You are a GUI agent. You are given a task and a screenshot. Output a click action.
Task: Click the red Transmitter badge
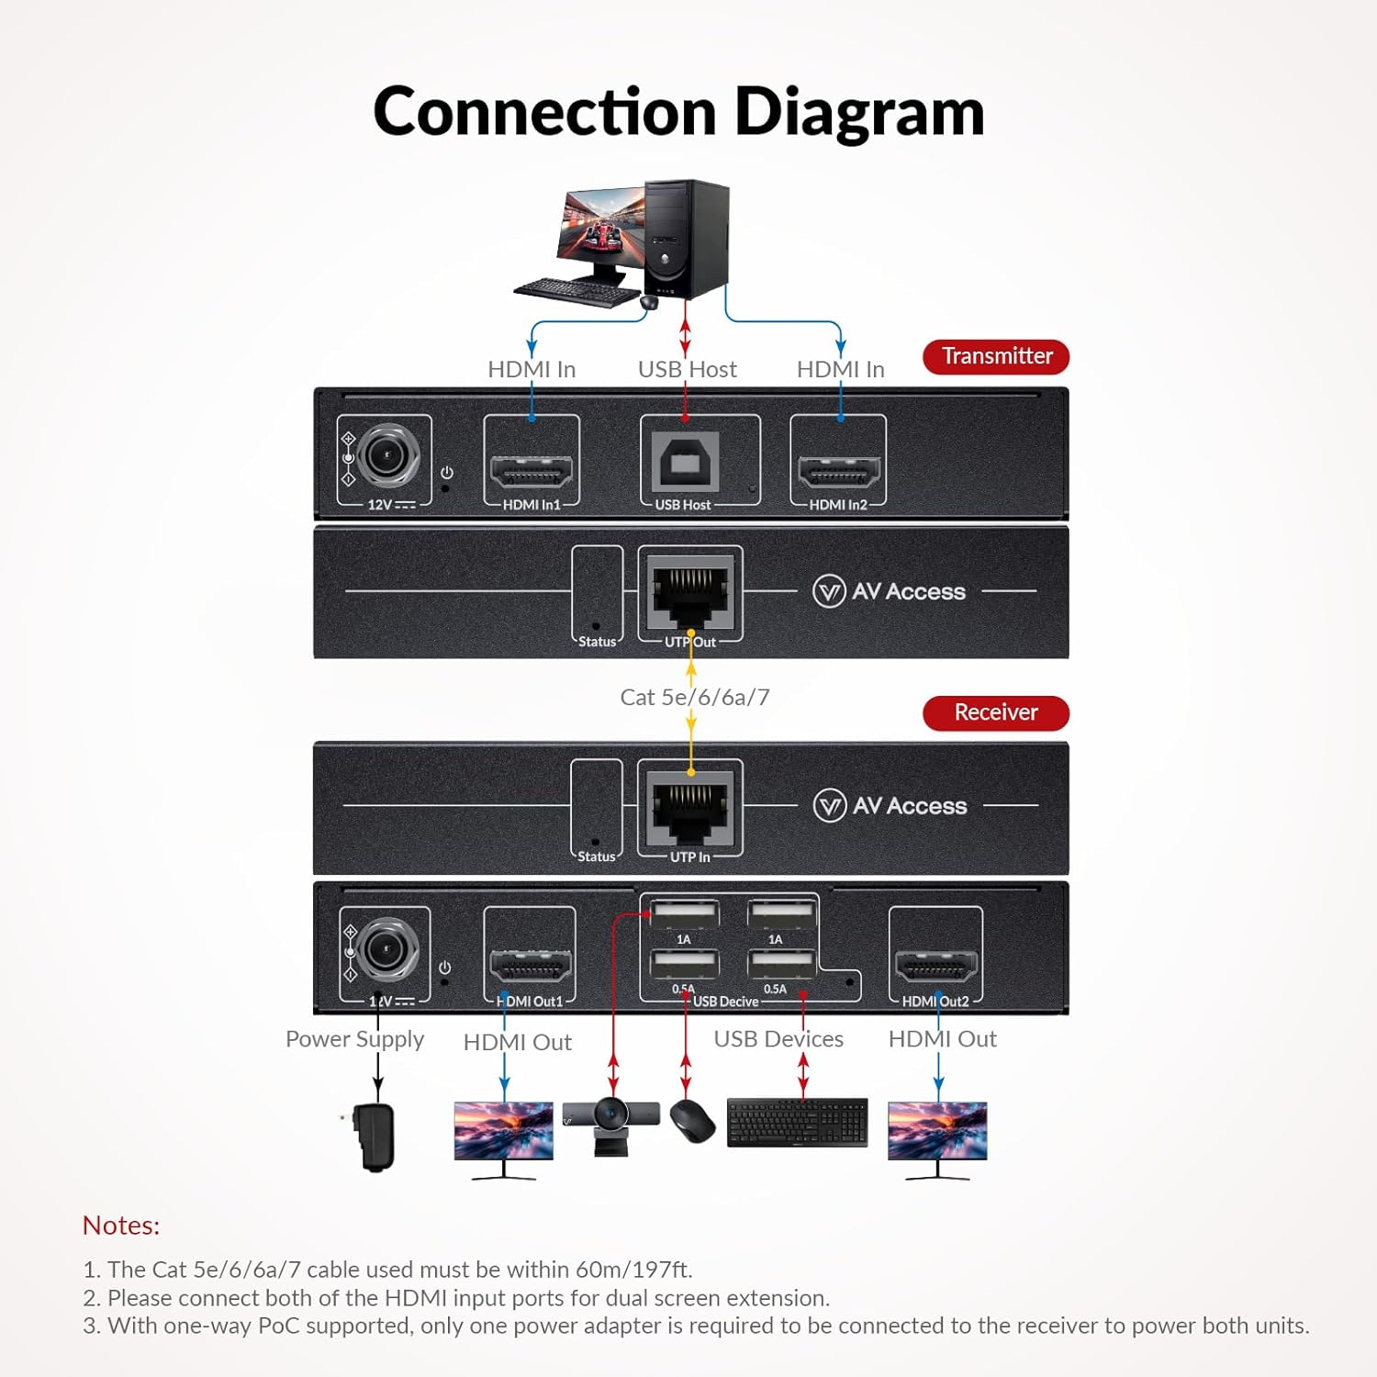(x=996, y=356)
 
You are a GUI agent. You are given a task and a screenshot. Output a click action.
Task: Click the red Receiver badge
(x=996, y=712)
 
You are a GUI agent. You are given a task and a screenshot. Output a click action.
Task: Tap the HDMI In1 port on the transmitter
(x=532, y=471)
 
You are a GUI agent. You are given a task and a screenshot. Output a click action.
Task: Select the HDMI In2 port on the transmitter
(x=838, y=471)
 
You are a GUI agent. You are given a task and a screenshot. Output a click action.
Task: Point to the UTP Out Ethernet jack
(x=689, y=591)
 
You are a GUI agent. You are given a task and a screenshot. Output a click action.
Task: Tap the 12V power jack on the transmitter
(x=387, y=455)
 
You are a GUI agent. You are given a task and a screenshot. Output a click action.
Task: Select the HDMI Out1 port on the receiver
(x=530, y=965)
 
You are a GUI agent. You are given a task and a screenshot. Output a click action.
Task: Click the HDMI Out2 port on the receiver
(x=935, y=965)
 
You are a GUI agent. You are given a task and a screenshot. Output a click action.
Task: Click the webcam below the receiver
(x=610, y=1125)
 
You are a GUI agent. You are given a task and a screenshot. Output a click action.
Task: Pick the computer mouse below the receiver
(x=692, y=1121)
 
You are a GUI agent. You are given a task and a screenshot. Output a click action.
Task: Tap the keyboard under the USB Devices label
(x=797, y=1122)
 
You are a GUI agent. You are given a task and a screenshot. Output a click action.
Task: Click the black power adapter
(x=375, y=1136)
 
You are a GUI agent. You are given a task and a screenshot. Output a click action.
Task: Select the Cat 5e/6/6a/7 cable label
(x=694, y=698)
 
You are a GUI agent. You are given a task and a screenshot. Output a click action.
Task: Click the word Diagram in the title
(x=859, y=112)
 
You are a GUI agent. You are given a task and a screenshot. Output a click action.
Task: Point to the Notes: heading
(x=121, y=1226)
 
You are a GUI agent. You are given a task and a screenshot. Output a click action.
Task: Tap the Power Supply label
(x=354, y=1039)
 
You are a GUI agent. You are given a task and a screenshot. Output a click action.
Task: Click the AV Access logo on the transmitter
(x=889, y=591)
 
